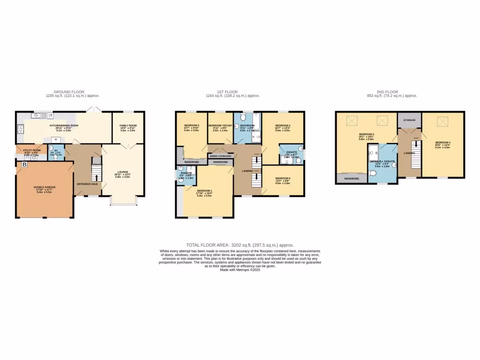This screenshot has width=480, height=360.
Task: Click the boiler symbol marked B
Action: tap(24, 165)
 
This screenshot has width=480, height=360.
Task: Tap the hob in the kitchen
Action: tap(20, 127)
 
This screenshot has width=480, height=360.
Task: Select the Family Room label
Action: tap(127, 126)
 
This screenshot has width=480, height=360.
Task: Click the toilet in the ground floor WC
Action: tap(56, 158)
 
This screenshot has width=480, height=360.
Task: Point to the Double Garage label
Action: tap(45, 187)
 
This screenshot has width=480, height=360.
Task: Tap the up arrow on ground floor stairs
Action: tap(97, 177)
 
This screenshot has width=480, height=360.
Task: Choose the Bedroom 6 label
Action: tap(283, 178)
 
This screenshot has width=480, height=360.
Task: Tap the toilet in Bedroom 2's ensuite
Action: tap(298, 161)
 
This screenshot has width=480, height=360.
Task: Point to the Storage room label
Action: tap(409, 120)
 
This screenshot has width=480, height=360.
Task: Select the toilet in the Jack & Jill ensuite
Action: tap(373, 174)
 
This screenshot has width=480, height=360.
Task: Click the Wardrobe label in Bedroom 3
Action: tap(352, 178)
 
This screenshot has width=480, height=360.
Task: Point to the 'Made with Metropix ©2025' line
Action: tap(240, 270)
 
